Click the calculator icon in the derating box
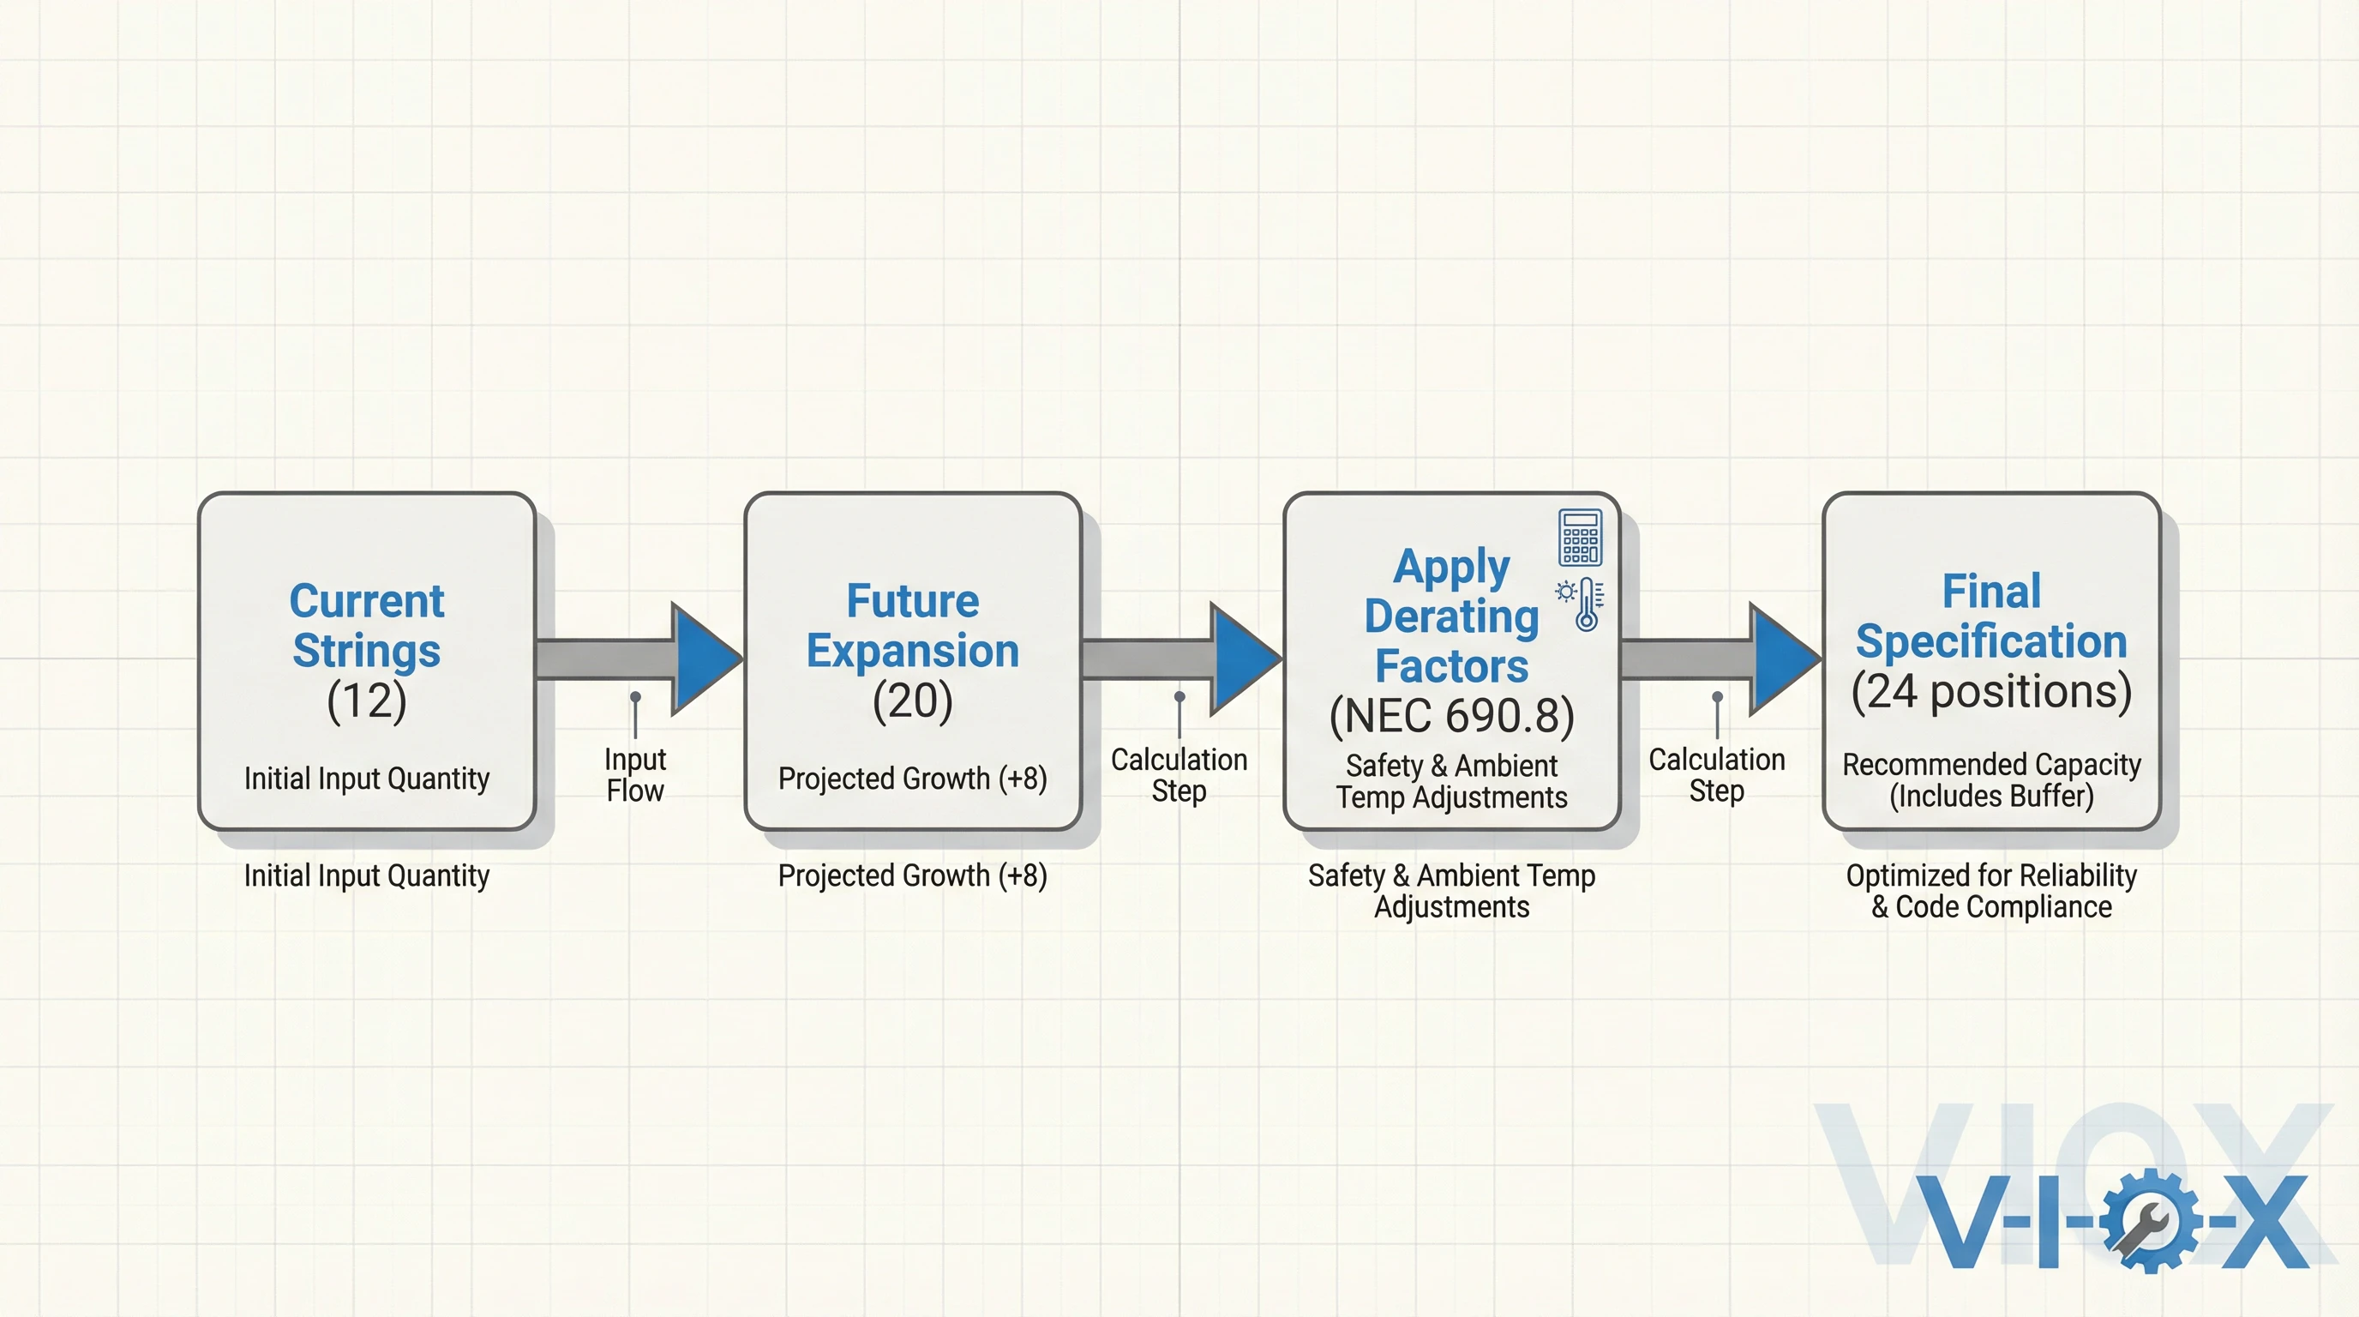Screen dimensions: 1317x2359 [1580, 538]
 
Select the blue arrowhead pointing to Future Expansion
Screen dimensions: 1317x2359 [703, 658]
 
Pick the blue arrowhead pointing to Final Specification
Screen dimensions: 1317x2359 [1782, 658]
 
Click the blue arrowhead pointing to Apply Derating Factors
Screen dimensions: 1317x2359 [1243, 658]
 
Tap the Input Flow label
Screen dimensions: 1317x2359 [634, 775]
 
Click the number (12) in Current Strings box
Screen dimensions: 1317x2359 [366, 701]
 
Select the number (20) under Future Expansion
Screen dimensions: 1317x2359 [912, 701]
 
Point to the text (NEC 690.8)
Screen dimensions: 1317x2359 [1451, 715]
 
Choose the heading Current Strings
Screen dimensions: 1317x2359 [366, 626]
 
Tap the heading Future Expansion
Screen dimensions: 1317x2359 [912, 626]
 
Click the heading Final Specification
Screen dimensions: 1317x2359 [1991, 616]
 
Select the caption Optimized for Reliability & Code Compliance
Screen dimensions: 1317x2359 [1991, 891]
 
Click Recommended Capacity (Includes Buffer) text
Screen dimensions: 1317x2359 [1991, 779]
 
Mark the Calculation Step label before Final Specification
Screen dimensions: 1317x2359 [1716, 775]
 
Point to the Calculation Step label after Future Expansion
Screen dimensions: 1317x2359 [1179, 775]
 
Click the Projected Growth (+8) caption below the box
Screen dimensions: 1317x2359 [912, 875]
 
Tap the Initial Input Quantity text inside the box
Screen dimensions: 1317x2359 [366, 779]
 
